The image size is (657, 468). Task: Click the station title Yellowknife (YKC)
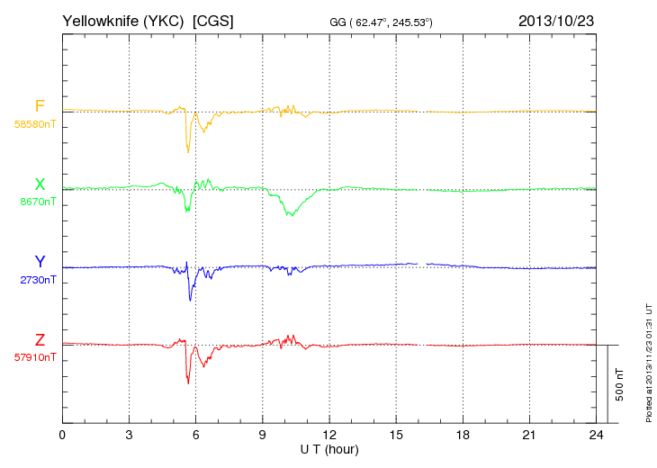click(x=124, y=19)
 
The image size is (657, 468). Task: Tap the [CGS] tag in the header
click(x=213, y=19)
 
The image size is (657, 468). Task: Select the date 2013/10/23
click(x=555, y=19)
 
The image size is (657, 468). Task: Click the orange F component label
click(x=39, y=106)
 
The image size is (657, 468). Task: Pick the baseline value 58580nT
click(x=34, y=124)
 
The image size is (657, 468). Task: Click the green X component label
click(x=40, y=184)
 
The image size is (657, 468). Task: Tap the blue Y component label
click(x=40, y=262)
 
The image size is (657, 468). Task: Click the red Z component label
click(x=40, y=339)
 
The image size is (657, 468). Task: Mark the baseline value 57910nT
click(x=34, y=357)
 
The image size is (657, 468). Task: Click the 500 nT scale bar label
click(x=620, y=383)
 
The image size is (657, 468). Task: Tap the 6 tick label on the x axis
click(x=195, y=435)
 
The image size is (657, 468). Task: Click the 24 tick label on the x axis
click(x=595, y=435)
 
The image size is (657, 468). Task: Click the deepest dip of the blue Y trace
click(x=190, y=300)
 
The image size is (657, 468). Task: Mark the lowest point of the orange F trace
click(x=188, y=151)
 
